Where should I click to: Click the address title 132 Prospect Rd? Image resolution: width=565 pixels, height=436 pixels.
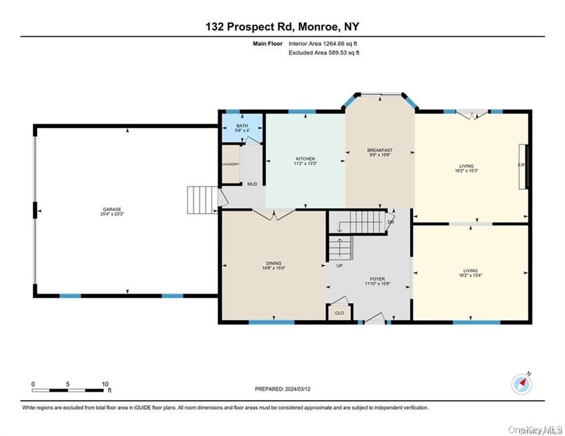coord(282,27)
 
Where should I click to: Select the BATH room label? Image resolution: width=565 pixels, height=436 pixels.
coord(242,126)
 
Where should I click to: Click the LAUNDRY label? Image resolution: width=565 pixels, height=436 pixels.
coord(230,165)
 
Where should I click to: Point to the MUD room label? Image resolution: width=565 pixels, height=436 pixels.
coord(252,184)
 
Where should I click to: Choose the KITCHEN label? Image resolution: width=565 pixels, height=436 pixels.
coord(305,158)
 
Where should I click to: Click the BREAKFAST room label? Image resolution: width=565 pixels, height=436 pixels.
coord(379,150)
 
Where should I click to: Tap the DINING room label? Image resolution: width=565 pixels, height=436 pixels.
coord(274,263)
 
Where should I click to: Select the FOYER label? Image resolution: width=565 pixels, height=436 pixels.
coord(378,279)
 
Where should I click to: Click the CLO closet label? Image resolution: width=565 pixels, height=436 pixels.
coord(339,312)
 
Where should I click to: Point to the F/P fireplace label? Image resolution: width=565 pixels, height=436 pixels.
coord(521,165)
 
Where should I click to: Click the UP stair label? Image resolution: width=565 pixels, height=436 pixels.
coord(339,265)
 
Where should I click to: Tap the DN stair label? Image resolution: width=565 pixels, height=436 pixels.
coord(390,222)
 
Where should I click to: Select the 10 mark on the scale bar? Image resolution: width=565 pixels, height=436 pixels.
coord(105,384)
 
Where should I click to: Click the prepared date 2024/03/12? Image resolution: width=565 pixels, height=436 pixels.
coord(282,389)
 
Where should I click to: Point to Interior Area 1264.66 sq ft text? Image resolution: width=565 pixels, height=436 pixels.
coord(323,44)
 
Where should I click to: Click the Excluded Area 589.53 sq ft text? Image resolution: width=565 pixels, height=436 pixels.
coord(324,53)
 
